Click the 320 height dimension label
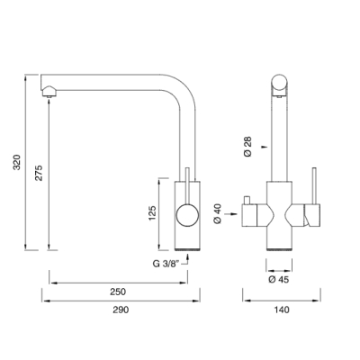[x=17, y=162]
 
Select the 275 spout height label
[x=39, y=173]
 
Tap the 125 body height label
[x=152, y=213]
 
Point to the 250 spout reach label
[x=118, y=292]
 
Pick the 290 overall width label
[x=121, y=310]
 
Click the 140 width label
[x=282, y=310]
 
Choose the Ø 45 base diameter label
[x=279, y=280]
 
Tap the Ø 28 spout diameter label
[x=248, y=147]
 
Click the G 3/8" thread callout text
[x=166, y=264]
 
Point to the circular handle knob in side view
[x=187, y=215]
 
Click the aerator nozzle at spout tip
[x=49, y=92]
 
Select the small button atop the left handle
[x=247, y=200]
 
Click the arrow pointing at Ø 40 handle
[x=231, y=214]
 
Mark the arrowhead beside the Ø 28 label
[x=264, y=147]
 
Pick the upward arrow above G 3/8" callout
[x=188, y=257]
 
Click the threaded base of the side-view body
[x=187, y=250]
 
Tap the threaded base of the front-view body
[x=279, y=250]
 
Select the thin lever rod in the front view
[x=314, y=185]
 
